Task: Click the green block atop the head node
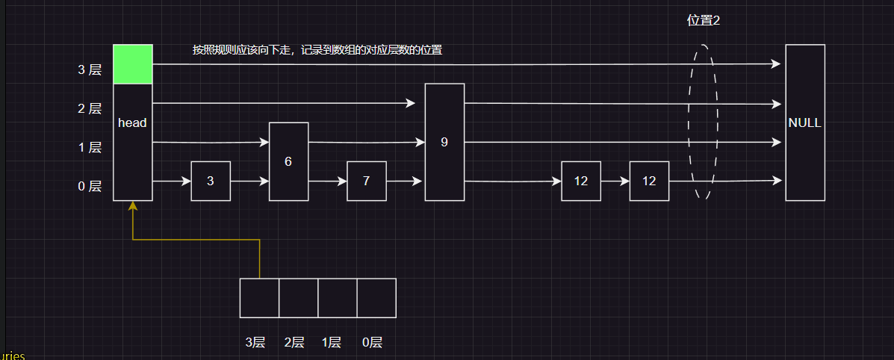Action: point(133,64)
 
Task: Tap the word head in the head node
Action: point(133,122)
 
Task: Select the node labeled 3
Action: point(211,181)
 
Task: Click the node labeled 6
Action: point(288,161)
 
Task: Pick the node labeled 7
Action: point(366,181)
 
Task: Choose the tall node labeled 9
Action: point(444,142)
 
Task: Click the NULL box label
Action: point(804,122)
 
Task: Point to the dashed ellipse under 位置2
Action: point(702,122)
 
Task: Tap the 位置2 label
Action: point(703,21)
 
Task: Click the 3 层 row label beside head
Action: point(90,70)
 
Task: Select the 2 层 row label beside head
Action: point(90,109)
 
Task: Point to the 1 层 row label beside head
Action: point(90,148)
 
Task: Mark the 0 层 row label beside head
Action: point(90,187)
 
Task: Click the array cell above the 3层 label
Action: point(259,298)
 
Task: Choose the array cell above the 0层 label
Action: point(376,298)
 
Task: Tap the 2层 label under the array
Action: point(294,343)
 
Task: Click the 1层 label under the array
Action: point(332,343)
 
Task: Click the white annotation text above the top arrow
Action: point(317,50)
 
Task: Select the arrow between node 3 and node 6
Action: point(249,181)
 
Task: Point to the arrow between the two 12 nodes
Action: point(615,181)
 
